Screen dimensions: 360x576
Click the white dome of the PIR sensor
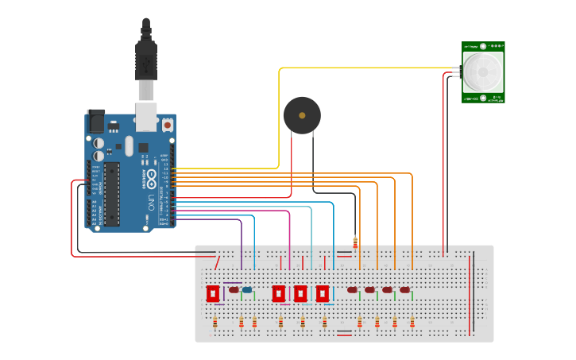coord(484,72)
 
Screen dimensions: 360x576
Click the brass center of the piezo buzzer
coord(302,116)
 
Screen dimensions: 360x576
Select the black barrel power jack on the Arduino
coord(95,120)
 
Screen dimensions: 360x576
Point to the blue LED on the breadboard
coord(247,291)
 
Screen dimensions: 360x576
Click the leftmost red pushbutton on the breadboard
coord(213,293)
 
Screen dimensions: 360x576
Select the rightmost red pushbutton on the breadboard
coord(322,293)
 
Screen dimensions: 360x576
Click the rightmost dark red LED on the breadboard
coord(404,290)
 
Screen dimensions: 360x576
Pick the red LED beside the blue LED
coord(234,290)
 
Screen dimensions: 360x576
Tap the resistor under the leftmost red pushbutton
coord(215,322)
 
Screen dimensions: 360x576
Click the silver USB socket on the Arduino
coord(146,115)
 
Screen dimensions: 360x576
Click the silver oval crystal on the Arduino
coord(129,145)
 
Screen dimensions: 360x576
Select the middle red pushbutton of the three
coord(300,293)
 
